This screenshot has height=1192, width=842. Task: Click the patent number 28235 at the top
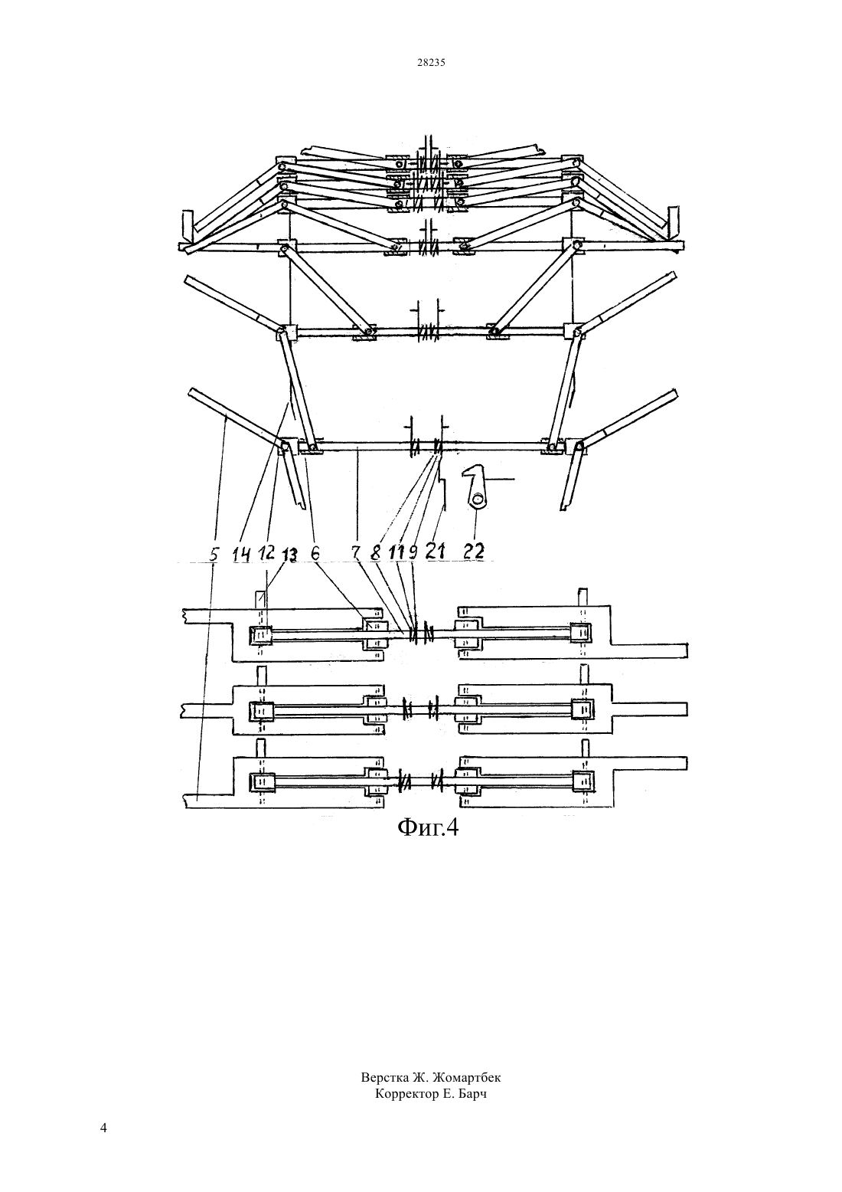pos(431,62)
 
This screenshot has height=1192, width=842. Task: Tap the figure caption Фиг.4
pos(427,827)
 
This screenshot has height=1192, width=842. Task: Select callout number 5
pos(214,555)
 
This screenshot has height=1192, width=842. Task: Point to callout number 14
pos(241,555)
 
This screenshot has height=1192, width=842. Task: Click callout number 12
pos(266,553)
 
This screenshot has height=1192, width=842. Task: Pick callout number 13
pos(289,555)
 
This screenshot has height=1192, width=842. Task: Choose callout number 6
pos(315,553)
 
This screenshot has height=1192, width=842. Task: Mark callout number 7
pos(356,553)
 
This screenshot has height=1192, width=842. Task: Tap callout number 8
pos(376,553)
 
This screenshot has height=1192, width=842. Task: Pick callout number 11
pos(397,553)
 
